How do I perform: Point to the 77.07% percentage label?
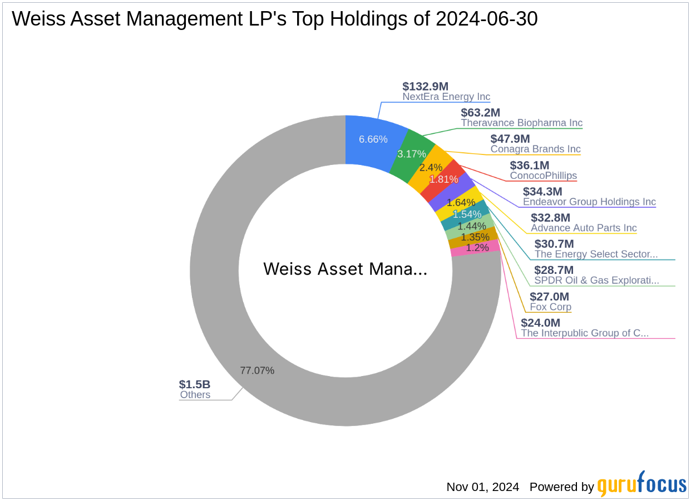pos(257,370)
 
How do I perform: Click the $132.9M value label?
pos(425,86)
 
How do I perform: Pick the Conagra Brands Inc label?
pos(535,149)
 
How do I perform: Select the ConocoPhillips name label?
pos(543,176)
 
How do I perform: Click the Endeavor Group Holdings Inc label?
pos(589,202)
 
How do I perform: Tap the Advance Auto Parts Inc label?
pos(584,228)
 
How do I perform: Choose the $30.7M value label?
pos(554,244)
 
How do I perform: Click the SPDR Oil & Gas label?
pos(596,280)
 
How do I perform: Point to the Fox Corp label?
pos(550,307)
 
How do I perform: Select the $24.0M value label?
pos(540,323)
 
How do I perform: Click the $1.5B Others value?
pos(194,384)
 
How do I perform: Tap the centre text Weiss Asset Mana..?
pos(345,269)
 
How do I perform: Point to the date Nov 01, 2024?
pos(482,487)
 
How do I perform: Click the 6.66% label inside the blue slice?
pos(373,139)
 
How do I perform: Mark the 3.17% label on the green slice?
pos(409,153)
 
